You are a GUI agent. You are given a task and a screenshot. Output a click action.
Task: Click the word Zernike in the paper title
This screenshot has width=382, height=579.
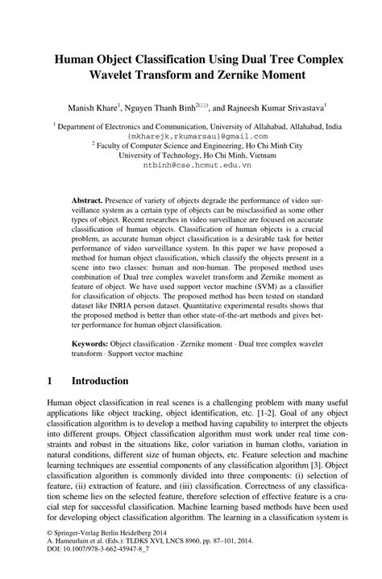click(246, 77)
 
